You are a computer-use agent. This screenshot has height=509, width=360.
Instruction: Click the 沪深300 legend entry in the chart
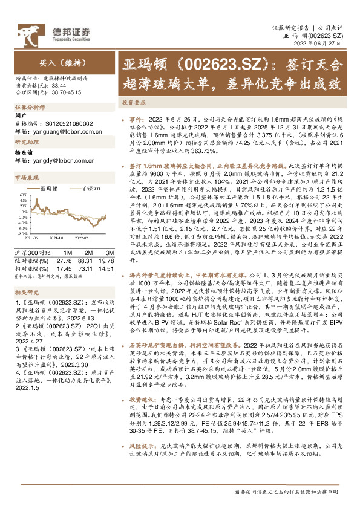click(x=90, y=189)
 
